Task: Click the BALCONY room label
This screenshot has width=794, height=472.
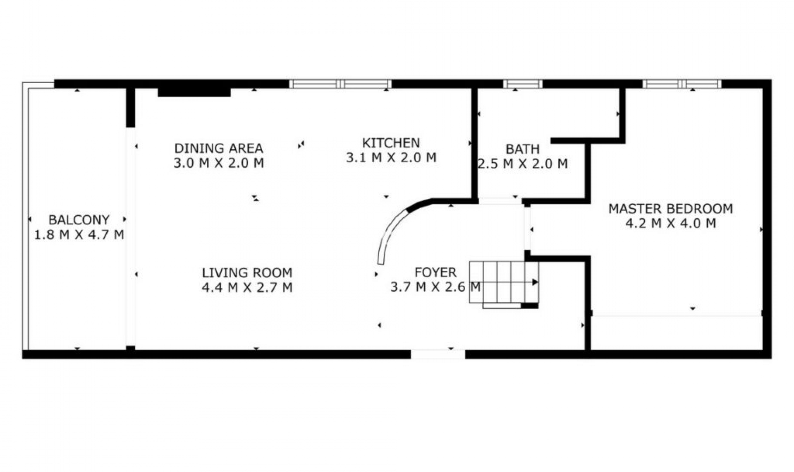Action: pos(79,219)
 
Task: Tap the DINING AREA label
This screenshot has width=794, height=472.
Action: pos(218,148)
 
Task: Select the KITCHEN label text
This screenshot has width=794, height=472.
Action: pos(391,143)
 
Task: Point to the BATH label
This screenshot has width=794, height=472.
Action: pos(522,149)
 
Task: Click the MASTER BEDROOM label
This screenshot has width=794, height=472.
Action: pos(670,208)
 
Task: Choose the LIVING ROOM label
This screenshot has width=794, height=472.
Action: pos(247,272)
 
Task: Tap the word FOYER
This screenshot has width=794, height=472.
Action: pos(435,272)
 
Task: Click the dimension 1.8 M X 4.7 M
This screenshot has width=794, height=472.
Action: pos(79,235)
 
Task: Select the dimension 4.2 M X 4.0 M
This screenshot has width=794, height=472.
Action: pos(670,224)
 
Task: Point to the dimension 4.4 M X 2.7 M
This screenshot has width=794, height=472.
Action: pos(247,287)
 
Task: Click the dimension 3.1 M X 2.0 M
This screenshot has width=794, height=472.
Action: pos(391,158)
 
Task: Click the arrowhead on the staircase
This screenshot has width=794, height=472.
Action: pos(535,282)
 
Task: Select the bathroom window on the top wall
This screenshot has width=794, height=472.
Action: pos(522,84)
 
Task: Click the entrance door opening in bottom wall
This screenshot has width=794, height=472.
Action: pos(438,354)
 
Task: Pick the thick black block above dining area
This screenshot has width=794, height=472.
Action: pos(194,92)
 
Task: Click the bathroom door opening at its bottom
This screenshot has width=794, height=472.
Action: pos(500,201)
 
